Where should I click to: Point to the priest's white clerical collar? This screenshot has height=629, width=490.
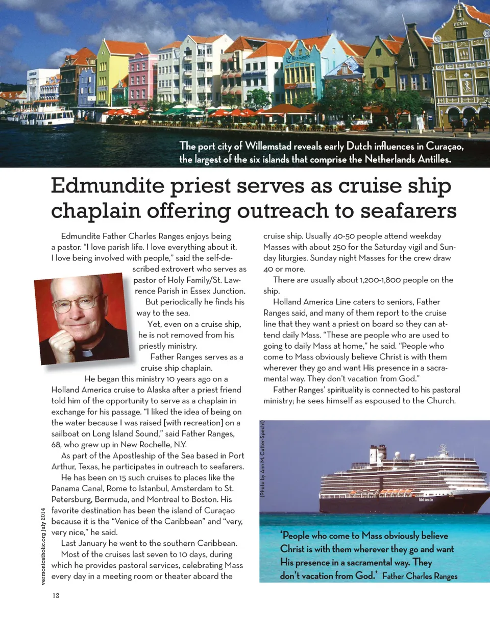[87, 353]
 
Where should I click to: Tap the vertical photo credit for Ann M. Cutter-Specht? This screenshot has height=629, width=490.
[262, 459]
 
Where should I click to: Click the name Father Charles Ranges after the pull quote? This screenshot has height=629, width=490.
[419, 576]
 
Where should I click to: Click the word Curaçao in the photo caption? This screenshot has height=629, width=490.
[443, 146]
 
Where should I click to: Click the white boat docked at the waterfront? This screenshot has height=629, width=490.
[46, 118]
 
